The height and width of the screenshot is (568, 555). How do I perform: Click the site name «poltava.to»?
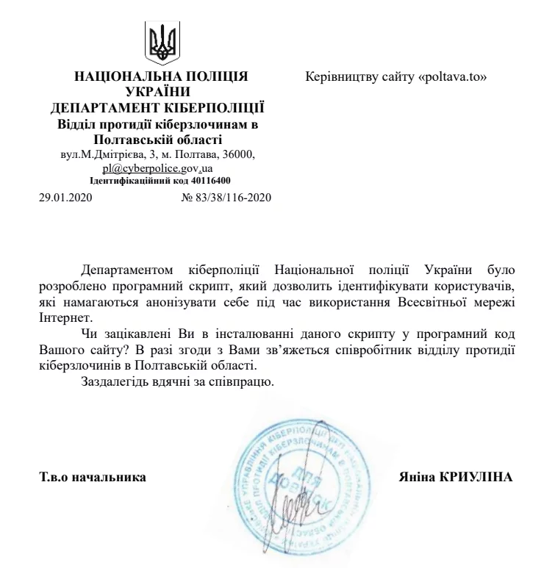click(453, 76)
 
